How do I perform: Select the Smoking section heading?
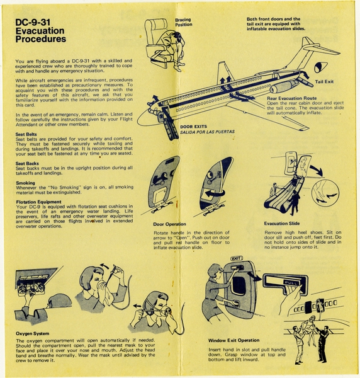click(x=26, y=182)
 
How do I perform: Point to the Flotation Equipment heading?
click(x=38, y=202)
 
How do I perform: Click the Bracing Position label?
click(x=184, y=23)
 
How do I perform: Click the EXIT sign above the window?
click(x=237, y=259)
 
